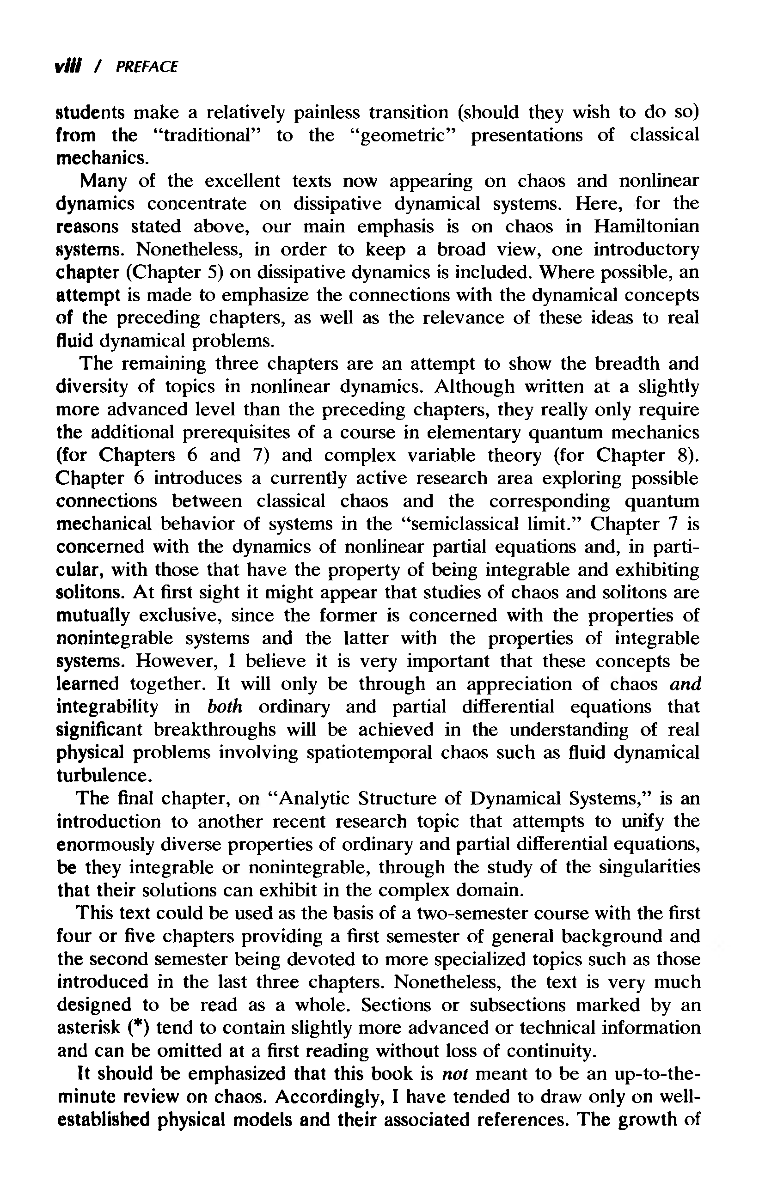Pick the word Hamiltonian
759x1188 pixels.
[x=646, y=226]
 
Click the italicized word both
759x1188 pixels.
[x=225, y=707]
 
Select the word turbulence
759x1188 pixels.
[x=102, y=775]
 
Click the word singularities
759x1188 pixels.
[x=649, y=867]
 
